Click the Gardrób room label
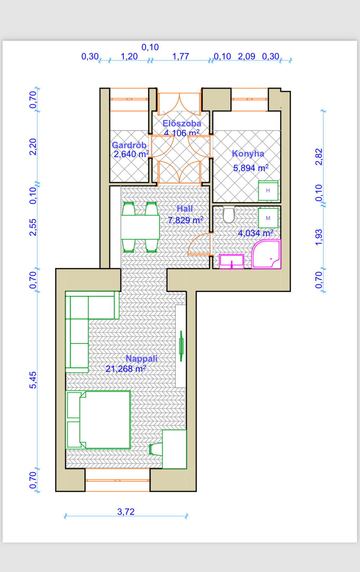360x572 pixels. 129,145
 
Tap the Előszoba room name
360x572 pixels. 182,123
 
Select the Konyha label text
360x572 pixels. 248,153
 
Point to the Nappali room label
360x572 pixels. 141,358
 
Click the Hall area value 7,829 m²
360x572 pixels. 185,220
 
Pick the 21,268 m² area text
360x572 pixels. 126,369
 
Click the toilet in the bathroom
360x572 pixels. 229,215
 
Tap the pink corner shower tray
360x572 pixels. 266,254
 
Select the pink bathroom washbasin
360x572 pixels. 231,262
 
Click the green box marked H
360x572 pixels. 268,191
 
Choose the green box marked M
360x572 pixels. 268,218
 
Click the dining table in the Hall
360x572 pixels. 140,227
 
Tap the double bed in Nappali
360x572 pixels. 98,420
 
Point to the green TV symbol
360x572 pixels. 181,346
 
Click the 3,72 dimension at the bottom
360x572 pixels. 126,512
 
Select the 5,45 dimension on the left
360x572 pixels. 33,380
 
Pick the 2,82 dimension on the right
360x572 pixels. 319,157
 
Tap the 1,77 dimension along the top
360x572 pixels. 181,56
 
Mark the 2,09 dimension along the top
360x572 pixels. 247,56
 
